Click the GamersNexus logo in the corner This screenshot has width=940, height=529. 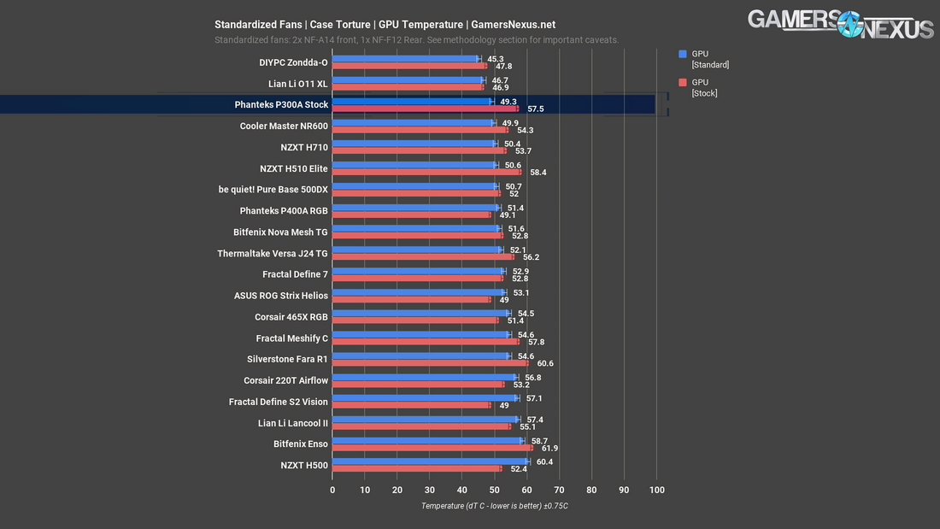(840, 24)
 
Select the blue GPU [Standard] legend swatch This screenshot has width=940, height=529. (682, 53)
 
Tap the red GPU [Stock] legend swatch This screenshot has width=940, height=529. (682, 82)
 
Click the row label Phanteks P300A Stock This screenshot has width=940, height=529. (281, 105)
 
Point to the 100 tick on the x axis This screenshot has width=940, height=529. (656, 490)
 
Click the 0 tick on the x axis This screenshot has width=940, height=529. (332, 490)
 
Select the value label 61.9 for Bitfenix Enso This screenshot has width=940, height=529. (549, 449)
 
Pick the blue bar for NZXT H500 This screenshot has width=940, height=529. (430, 461)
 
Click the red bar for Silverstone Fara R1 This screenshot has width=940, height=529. (430, 363)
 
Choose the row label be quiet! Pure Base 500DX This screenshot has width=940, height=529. (273, 189)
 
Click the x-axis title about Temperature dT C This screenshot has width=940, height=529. (494, 506)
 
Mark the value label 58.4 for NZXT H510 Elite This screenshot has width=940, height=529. (538, 173)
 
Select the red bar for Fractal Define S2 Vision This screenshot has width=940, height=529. (411, 405)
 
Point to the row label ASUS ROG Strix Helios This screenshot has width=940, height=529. (280, 296)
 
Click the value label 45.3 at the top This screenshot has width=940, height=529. (496, 59)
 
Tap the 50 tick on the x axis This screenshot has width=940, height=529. (494, 490)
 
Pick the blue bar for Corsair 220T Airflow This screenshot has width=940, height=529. (424, 377)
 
